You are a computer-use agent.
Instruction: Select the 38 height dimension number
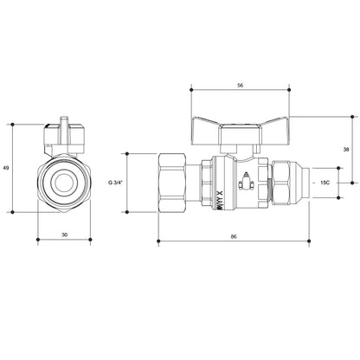click(x=346, y=148)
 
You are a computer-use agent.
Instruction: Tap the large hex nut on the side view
click(x=176, y=183)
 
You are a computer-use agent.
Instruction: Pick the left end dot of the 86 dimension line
click(x=157, y=240)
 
